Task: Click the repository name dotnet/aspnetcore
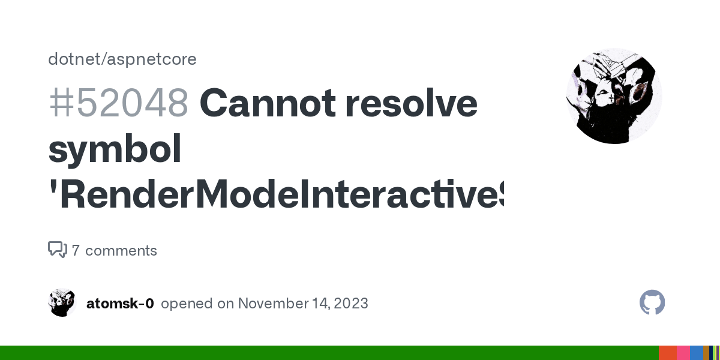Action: point(122,59)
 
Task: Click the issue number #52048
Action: point(118,103)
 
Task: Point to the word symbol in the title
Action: point(115,150)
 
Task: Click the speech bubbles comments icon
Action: point(58,250)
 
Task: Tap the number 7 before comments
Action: point(76,251)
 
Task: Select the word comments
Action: point(121,251)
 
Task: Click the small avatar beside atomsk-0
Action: point(62,303)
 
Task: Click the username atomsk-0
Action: point(120,304)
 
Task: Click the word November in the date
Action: point(268,304)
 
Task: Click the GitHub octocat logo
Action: point(652,303)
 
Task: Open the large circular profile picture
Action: point(614,96)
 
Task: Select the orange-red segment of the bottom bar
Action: point(668,353)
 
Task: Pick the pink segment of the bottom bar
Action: point(683,353)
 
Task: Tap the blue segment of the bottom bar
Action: point(696,353)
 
